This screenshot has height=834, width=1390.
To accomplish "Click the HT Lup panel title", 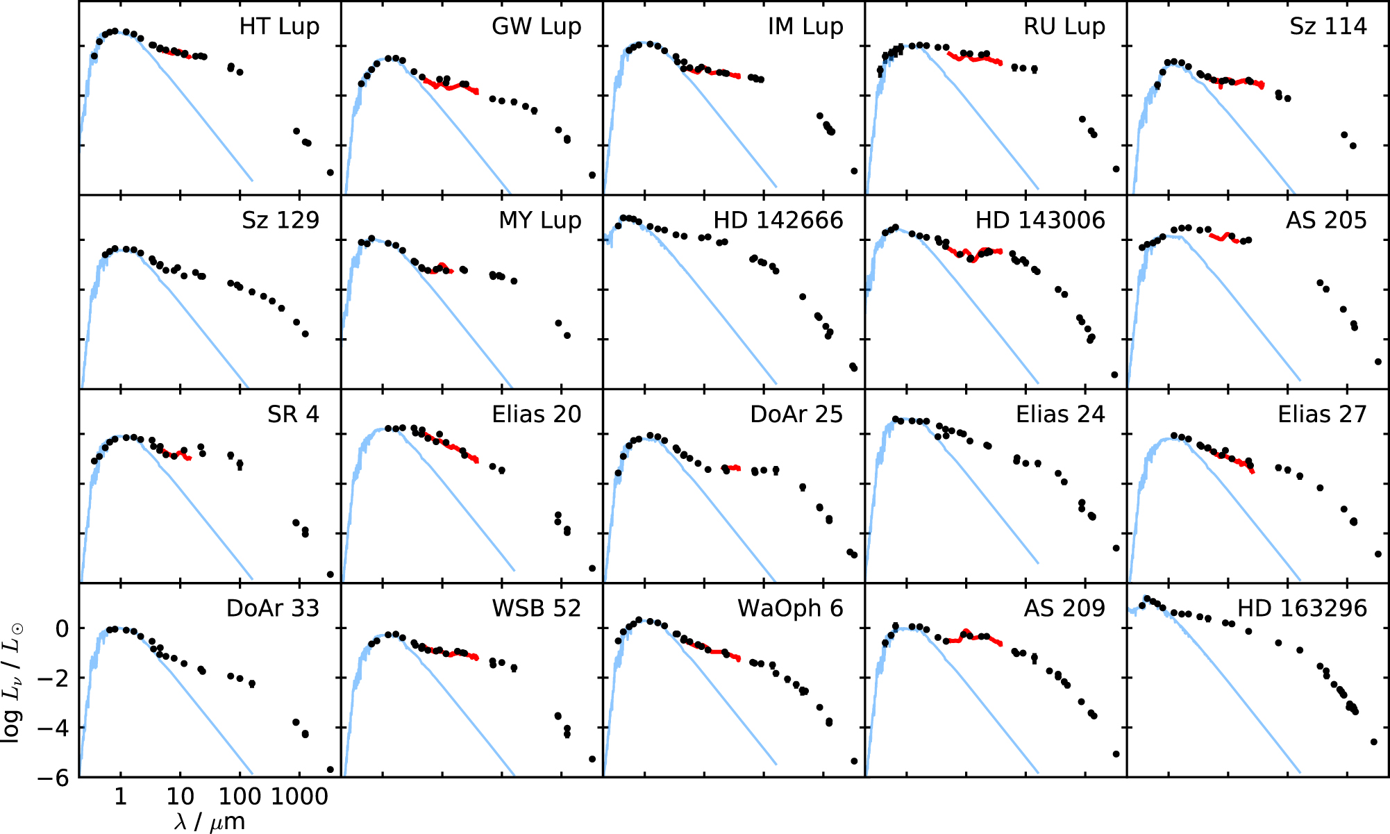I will click(x=279, y=26).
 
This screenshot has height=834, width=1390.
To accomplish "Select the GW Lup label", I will click(x=536, y=26).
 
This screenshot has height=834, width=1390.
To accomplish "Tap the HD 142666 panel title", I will click(x=778, y=220).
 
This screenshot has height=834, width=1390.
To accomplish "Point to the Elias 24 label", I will click(x=1060, y=415).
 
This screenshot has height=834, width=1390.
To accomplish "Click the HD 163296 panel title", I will click(x=1302, y=609).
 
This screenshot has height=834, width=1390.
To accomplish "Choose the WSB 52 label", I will click(x=536, y=609).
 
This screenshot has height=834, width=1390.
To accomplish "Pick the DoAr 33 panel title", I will click(x=272, y=609).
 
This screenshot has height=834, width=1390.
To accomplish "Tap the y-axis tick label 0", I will click(x=62, y=629).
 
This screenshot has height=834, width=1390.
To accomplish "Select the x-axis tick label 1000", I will click(x=299, y=797).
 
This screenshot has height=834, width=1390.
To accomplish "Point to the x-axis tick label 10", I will click(x=181, y=797).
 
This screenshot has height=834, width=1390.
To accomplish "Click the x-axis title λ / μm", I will click(x=210, y=822).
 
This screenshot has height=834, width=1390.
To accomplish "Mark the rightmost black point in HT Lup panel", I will click(x=330, y=172).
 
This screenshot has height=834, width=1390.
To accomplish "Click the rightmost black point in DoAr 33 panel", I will click(x=330, y=769).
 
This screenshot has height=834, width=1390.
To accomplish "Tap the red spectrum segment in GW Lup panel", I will click(x=451, y=86).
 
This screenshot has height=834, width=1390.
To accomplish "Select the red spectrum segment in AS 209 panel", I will click(x=975, y=636).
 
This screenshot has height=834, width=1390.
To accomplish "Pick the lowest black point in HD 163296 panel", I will click(x=1373, y=742).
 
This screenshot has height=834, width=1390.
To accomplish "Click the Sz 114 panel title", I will click(x=1328, y=26).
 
